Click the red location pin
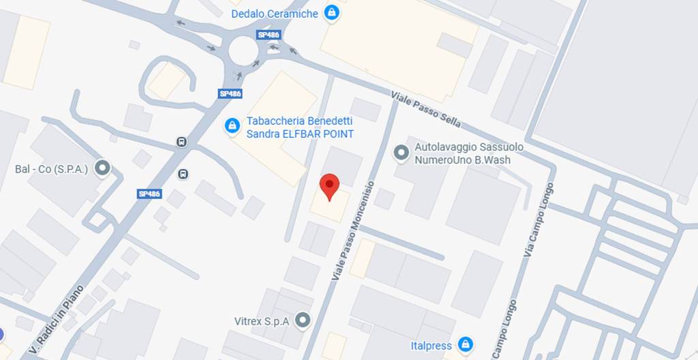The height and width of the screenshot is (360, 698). (x=330, y=186)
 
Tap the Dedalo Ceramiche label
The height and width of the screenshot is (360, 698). (x=275, y=14)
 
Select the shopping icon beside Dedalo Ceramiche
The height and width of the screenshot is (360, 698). (x=331, y=12)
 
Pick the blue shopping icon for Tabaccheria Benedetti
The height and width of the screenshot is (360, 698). (x=232, y=125)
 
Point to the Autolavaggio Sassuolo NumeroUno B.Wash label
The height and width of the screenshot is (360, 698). (x=463, y=153)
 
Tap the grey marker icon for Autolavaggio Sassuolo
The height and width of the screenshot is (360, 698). (x=402, y=153)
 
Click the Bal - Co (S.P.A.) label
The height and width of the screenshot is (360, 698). (x=52, y=168)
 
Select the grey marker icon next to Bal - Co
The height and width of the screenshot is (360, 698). (x=103, y=168)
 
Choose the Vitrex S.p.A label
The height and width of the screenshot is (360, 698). (x=262, y=320)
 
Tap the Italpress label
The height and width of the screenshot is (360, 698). (x=431, y=346)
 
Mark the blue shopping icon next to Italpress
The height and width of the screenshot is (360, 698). (x=466, y=344)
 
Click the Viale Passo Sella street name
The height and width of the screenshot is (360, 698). (x=426, y=109)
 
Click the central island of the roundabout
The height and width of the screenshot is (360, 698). (x=243, y=50)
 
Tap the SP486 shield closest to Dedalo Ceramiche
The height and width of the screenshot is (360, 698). (x=268, y=34)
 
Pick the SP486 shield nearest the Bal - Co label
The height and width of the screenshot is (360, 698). (x=149, y=194)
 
